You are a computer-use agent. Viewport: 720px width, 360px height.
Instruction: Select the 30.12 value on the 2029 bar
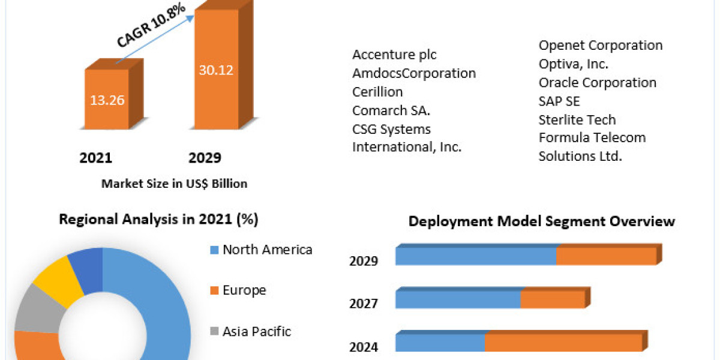click(216, 70)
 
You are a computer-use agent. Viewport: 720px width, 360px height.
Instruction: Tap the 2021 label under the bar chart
click(96, 158)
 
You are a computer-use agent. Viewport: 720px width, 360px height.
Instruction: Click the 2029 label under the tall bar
click(205, 158)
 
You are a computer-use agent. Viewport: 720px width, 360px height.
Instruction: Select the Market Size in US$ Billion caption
click(174, 184)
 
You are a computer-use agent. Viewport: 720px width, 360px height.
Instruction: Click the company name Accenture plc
click(394, 55)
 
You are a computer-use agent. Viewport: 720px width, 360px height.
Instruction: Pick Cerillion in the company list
click(377, 92)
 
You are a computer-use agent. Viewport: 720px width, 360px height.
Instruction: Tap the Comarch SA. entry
click(391, 110)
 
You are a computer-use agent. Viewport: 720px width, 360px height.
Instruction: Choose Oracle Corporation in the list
click(597, 82)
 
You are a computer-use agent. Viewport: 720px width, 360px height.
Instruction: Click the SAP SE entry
click(559, 101)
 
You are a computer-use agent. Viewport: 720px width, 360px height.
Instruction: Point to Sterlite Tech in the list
click(577, 119)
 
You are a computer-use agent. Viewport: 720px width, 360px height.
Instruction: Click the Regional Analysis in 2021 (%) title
click(158, 220)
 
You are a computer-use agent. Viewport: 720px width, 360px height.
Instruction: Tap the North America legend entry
click(267, 250)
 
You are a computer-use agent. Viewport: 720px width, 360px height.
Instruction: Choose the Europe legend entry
click(244, 290)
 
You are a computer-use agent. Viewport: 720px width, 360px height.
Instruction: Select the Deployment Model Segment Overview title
click(542, 221)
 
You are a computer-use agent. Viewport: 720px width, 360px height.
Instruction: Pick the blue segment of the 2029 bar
click(475, 256)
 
